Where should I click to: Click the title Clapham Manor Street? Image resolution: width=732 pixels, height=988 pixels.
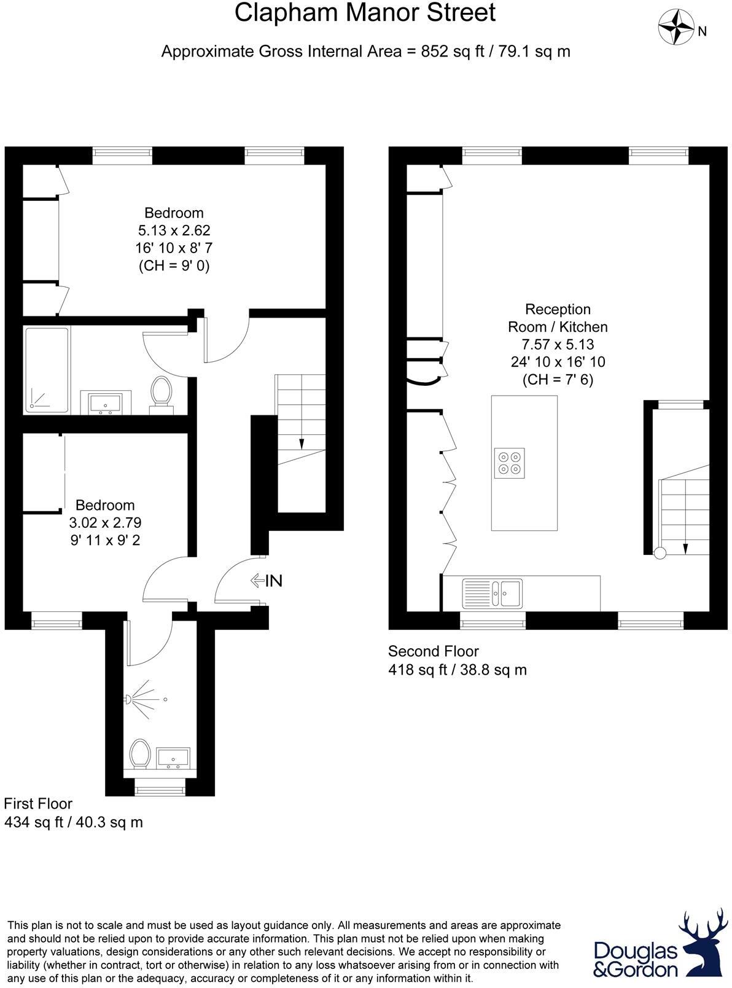[x=365, y=13]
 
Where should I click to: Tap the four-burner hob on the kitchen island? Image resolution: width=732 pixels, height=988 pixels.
[x=509, y=463]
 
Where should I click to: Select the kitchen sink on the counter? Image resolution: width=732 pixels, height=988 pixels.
[x=493, y=592]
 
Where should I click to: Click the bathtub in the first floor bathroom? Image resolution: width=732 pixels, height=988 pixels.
[x=47, y=370]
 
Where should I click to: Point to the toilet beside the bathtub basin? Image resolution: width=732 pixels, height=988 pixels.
[x=162, y=391]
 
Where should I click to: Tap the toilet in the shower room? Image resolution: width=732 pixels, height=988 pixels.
[x=140, y=753]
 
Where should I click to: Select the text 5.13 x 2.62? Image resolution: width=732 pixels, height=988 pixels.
[x=174, y=230]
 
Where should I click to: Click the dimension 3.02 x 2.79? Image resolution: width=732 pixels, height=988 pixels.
[x=105, y=523]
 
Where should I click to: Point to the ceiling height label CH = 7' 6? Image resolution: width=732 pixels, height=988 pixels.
[x=558, y=380]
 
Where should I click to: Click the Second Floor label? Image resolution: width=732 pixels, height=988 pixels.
[x=433, y=651]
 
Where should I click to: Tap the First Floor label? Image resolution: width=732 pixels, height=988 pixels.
[x=38, y=804]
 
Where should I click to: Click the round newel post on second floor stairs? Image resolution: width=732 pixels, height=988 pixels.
[x=660, y=553]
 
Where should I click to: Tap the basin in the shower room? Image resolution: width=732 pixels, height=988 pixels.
[x=174, y=758]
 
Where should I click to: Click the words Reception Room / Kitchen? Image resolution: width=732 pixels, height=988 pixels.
[x=558, y=318]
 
